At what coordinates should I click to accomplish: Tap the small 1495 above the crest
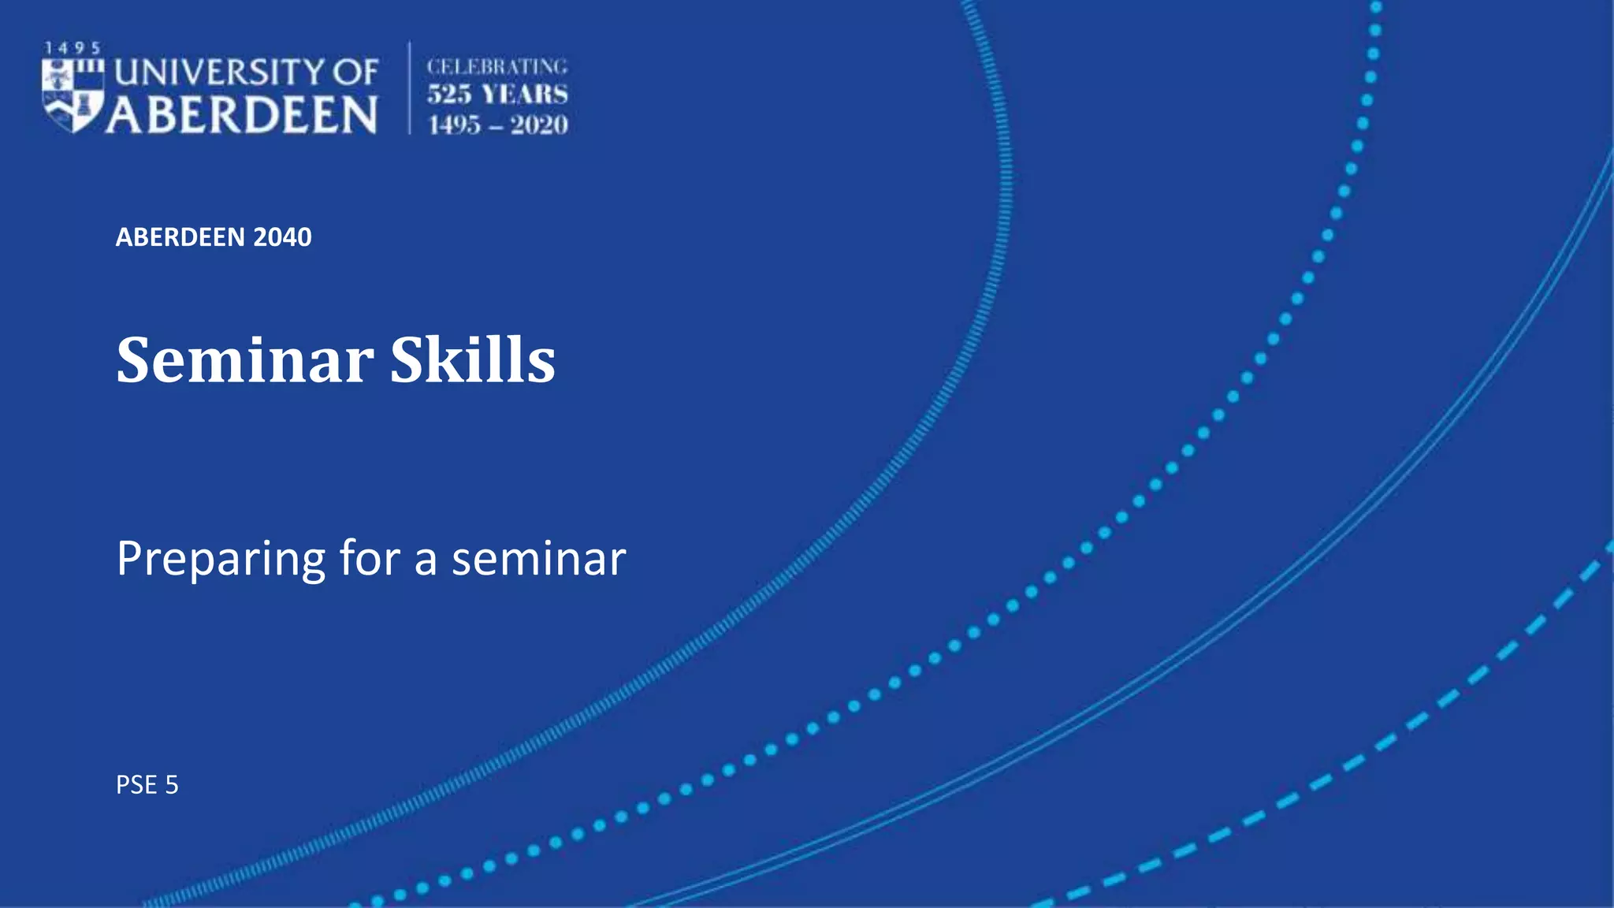(72, 49)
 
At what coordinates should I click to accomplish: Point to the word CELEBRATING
(496, 67)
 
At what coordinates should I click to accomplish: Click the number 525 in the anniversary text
(449, 95)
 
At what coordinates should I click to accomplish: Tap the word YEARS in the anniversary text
(525, 95)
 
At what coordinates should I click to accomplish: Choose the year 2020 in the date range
(539, 125)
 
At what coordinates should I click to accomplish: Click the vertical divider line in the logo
(409, 88)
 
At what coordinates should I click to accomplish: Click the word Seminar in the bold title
(245, 360)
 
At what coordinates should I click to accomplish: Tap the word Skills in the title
(473, 360)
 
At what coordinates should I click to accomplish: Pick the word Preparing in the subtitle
(221, 560)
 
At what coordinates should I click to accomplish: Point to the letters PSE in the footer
(136, 785)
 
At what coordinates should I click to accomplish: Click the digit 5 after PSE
(172, 785)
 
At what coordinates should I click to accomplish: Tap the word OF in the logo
(355, 73)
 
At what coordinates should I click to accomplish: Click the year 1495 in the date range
(454, 125)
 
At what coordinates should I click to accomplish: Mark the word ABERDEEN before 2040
(180, 237)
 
